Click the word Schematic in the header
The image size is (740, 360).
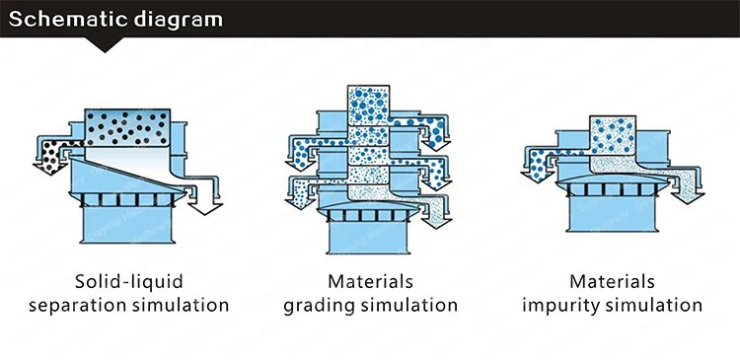(x=68, y=20)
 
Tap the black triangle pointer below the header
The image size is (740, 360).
(x=105, y=44)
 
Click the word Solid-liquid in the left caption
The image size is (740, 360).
(x=129, y=282)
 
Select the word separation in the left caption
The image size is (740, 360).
(x=77, y=306)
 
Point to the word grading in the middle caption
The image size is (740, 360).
(x=325, y=306)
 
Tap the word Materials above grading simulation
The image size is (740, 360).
(x=370, y=282)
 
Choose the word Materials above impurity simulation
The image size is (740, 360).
(x=612, y=282)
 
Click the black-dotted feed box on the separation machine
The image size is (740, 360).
(x=127, y=127)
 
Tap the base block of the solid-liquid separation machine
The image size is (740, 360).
(x=127, y=225)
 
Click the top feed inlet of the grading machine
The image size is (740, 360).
(x=368, y=106)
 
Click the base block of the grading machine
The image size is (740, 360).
(x=368, y=237)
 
